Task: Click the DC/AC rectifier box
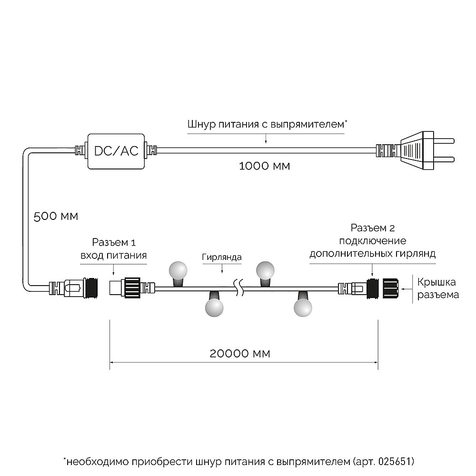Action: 116,151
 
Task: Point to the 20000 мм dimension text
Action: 240,354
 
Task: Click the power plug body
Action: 417,151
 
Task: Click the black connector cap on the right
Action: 390,288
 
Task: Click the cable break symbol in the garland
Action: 240,288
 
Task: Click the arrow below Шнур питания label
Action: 266,139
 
